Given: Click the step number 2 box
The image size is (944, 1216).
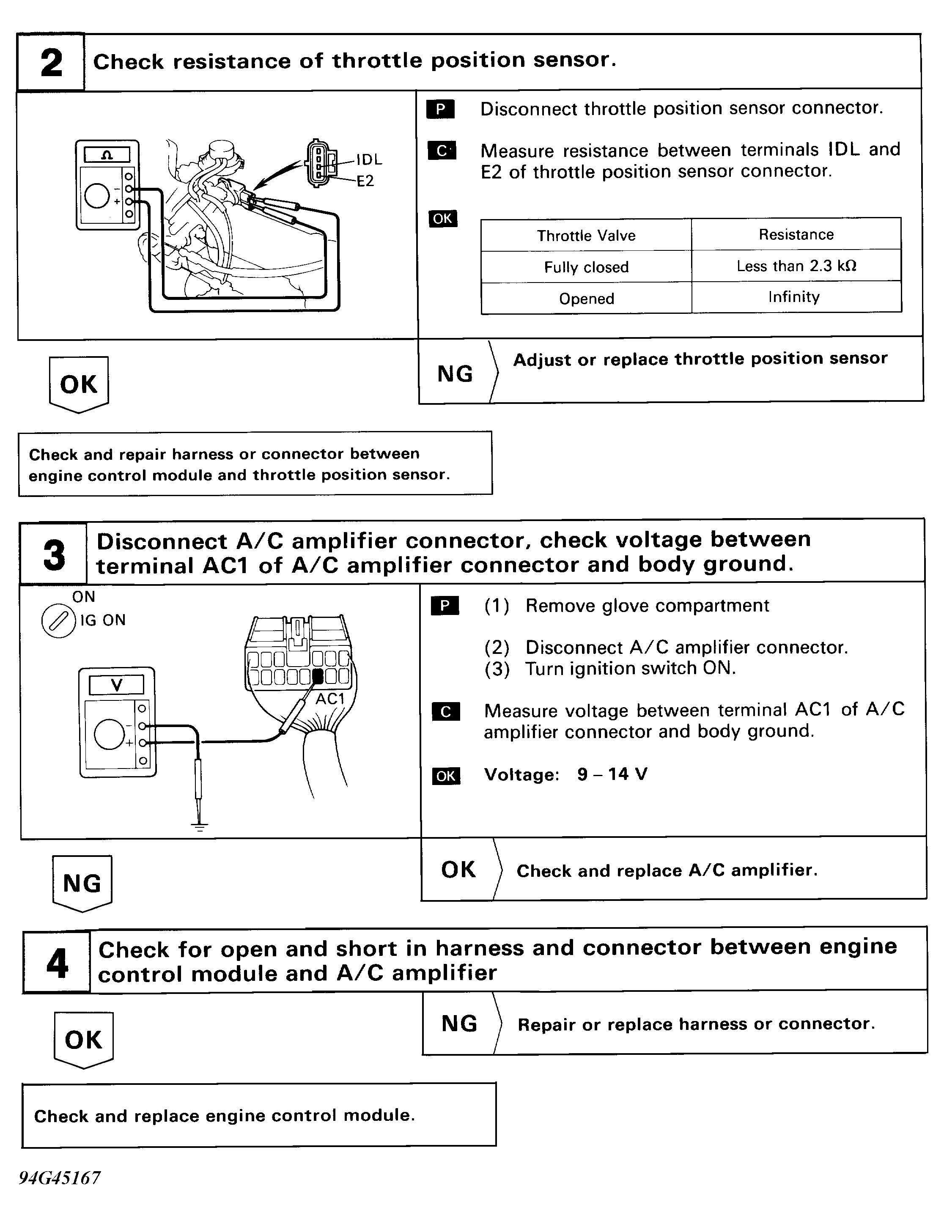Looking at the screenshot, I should (51, 62).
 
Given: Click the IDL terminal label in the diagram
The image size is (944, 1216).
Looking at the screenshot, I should (369, 160).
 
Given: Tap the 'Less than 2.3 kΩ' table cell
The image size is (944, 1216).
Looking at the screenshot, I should (796, 266).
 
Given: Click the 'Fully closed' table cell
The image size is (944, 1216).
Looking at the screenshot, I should (586, 267).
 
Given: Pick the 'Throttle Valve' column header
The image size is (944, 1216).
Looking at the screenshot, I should (586, 236).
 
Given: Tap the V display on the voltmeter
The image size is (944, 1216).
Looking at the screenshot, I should (116, 685).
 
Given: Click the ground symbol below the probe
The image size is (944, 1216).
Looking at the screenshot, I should (199, 826).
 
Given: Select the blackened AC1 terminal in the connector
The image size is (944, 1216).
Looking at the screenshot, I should (318, 676).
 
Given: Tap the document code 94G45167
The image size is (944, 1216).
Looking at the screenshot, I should (60, 1178).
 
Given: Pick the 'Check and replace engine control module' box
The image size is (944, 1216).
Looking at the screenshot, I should (259, 1116).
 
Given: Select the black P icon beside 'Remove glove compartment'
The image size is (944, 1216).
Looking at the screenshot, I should (445, 606).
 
